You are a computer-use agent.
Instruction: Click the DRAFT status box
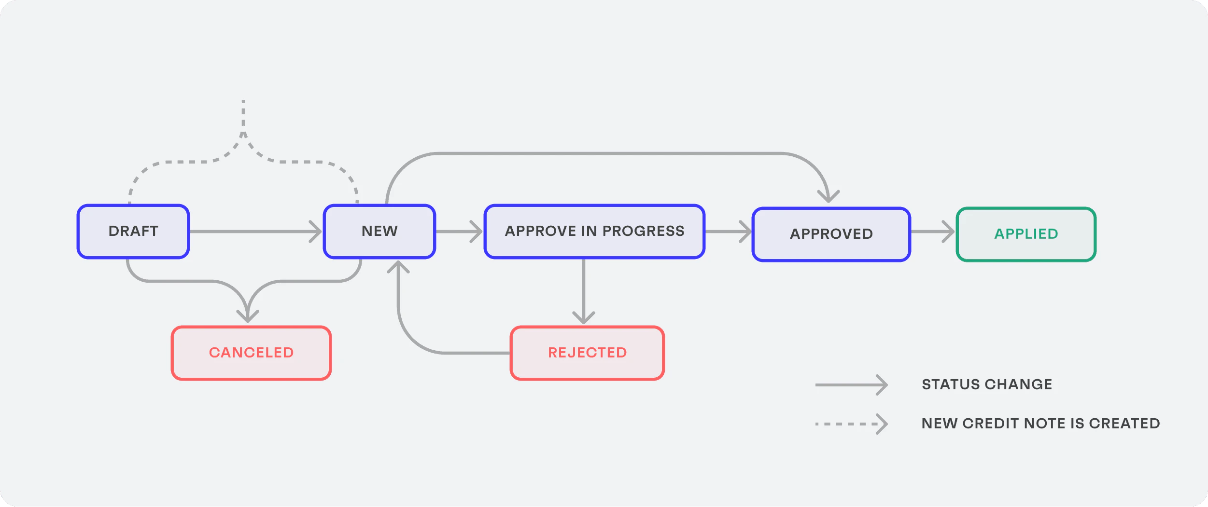click(x=133, y=232)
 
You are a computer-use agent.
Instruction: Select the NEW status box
click(x=379, y=232)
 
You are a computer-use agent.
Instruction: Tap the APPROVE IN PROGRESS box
click(x=594, y=232)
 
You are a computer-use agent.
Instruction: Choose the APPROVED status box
click(x=831, y=234)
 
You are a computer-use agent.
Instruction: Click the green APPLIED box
click(x=1026, y=234)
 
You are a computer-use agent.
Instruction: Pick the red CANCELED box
click(x=251, y=353)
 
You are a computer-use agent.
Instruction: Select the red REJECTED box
click(x=587, y=353)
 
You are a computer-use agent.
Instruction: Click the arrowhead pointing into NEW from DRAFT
click(x=316, y=232)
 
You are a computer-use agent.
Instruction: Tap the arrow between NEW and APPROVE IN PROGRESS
click(x=459, y=232)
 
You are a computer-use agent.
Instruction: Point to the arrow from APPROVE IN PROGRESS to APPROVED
click(x=728, y=232)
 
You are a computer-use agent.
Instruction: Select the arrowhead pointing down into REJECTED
click(x=584, y=318)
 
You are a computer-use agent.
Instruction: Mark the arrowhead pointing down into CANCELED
click(x=248, y=317)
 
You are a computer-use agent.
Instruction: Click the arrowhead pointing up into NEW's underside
click(x=398, y=267)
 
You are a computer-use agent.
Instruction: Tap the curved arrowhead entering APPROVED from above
click(x=829, y=197)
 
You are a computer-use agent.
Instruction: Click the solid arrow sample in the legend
click(x=851, y=385)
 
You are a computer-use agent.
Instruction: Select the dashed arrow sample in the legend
click(x=851, y=424)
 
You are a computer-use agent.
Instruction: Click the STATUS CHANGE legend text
click(x=987, y=384)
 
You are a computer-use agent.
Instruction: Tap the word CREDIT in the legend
click(x=990, y=424)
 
